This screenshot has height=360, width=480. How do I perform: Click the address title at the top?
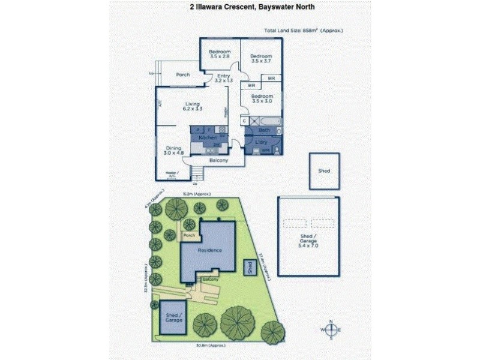coord(240,7)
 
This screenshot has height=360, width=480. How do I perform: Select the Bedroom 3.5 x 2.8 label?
coord(219,55)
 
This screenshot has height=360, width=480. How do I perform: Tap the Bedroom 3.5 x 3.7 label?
coord(261,58)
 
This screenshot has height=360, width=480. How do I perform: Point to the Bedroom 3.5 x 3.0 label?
coord(262,99)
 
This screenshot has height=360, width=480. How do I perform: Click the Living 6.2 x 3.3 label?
coord(193,107)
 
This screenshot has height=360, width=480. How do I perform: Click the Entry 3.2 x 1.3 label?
coord(223,78)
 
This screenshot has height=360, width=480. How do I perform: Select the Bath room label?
coord(264,130)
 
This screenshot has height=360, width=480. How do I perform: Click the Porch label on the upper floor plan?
coord(182,75)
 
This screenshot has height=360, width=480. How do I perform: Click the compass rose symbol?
coord(331,330)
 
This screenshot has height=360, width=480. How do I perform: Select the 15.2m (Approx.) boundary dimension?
coord(195,194)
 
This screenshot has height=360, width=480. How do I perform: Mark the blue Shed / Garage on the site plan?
coord(174,317)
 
